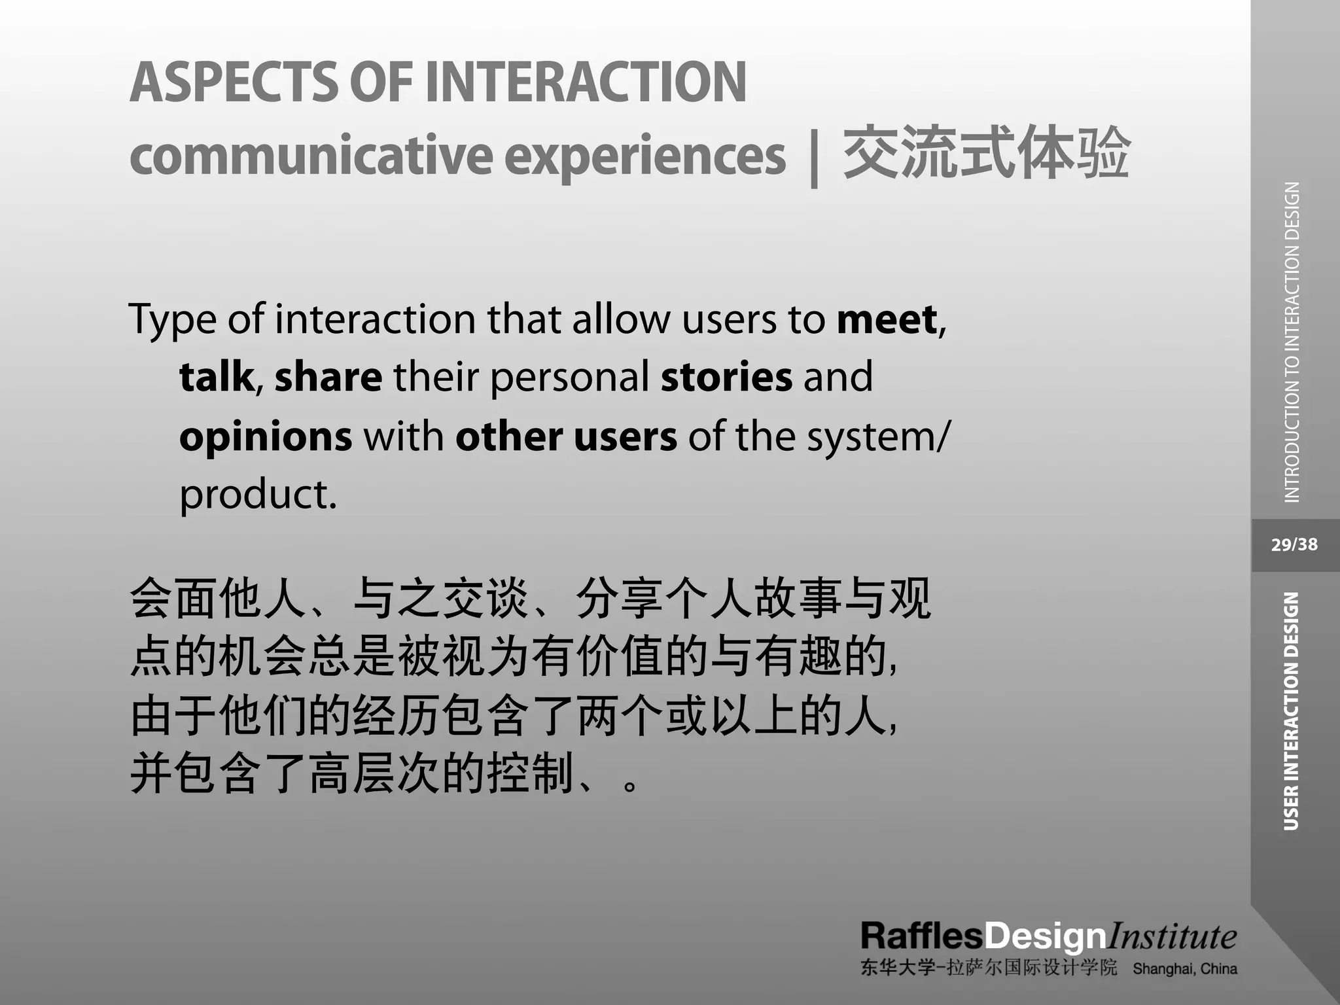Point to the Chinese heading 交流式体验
point(986,153)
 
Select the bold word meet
point(887,320)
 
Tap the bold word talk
point(217,378)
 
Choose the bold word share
point(328,378)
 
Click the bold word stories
point(726,378)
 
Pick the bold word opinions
point(266,437)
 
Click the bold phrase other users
point(566,436)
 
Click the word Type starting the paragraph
point(172,320)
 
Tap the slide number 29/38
point(1294,544)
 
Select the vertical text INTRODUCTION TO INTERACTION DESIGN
point(1292,342)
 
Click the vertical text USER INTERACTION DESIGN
point(1291,711)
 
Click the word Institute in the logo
point(1171,936)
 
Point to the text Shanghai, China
point(1185,969)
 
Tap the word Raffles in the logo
point(922,936)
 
